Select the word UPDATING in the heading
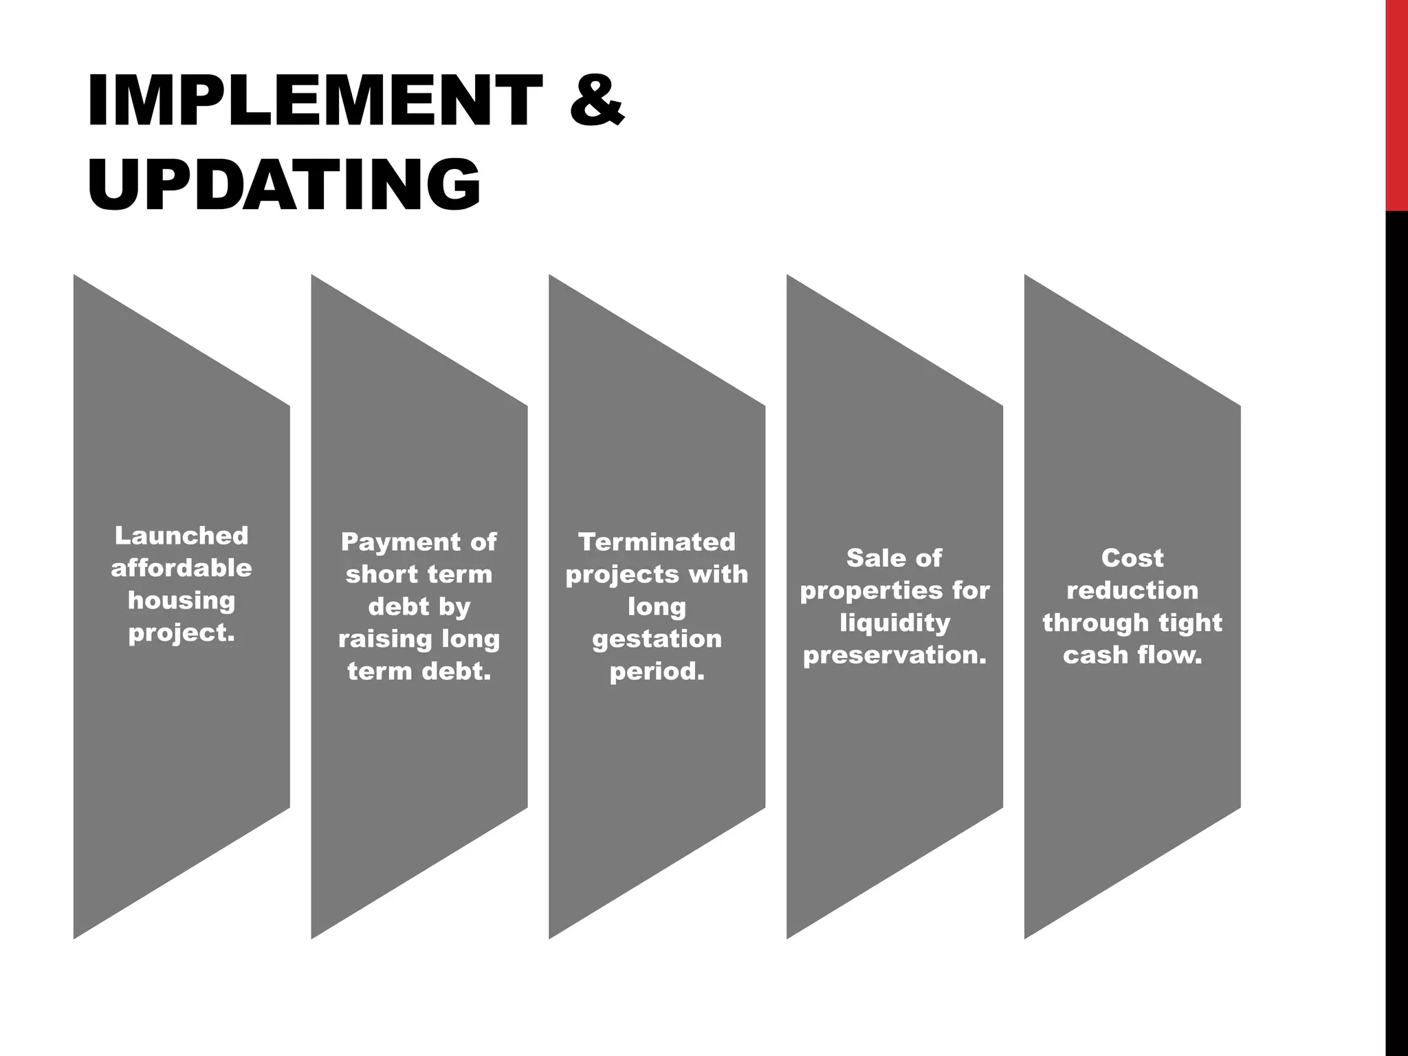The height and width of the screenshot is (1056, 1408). click(x=284, y=184)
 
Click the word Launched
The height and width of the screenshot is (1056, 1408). click(x=181, y=535)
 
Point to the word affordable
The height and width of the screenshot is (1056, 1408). click(x=181, y=568)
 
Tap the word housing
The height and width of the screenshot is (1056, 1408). click(x=181, y=600)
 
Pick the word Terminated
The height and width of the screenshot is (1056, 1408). click(x=657, y=542)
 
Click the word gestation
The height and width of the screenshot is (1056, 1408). click(x=657, y=639)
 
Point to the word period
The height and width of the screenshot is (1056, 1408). click(x=657, y=671)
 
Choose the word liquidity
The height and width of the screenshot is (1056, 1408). click(x=894, y=623)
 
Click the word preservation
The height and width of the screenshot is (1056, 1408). click(x=894, y=655)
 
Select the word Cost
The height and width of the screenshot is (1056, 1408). click(x=1132, y=558)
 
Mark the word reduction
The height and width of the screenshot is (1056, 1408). click(x=1132, y=590)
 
